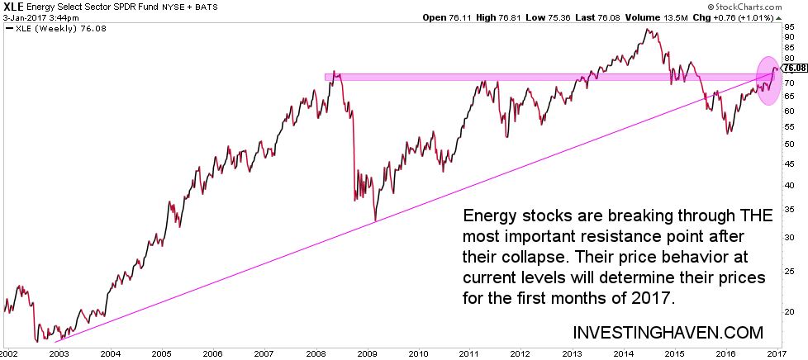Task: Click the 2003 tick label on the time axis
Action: point(58,352)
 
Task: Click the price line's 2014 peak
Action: point(648,30)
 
